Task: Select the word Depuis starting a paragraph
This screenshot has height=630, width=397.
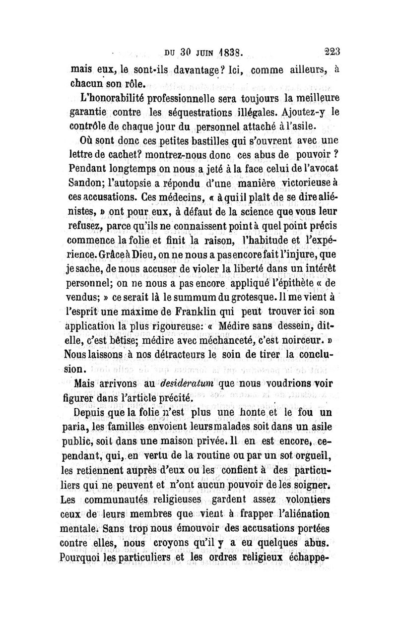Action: (88, 411)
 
